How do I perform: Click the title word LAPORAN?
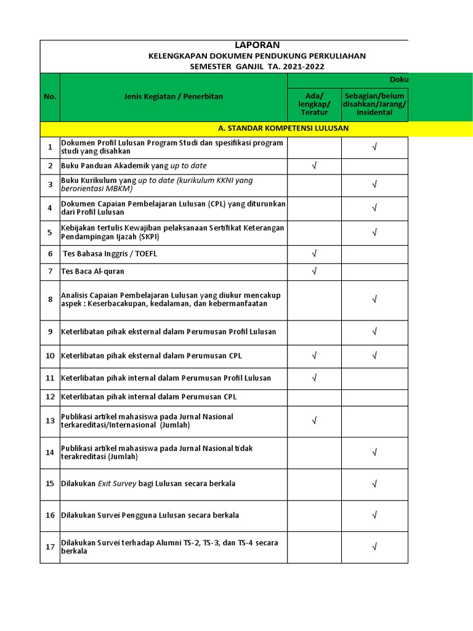point(257,45)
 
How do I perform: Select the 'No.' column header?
point(50,97)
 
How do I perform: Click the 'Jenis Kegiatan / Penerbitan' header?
point(173,97)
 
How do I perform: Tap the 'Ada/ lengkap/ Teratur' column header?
point(314,104)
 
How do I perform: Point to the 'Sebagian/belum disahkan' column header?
point(374,104)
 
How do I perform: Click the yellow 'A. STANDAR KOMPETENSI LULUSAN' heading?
point(283,128)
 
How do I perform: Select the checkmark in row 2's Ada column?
point(314,166)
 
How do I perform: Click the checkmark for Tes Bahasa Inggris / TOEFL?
point(314,253)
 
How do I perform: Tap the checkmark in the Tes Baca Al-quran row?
point(314,271)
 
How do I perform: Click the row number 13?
point(50,421)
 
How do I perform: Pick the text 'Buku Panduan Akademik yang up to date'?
point(134,166)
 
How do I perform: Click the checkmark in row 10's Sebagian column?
point(374,356)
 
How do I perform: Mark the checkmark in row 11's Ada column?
point(314,378)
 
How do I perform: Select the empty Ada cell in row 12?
point(314,397)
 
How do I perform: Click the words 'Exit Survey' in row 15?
point(117,484)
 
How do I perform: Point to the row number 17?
point(50,547)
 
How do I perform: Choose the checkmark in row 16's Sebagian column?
point(374,515)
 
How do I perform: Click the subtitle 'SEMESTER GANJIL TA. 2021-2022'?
point(257,67)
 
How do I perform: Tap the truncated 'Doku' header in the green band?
point(398,80)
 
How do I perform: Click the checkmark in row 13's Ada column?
point(314,421)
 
